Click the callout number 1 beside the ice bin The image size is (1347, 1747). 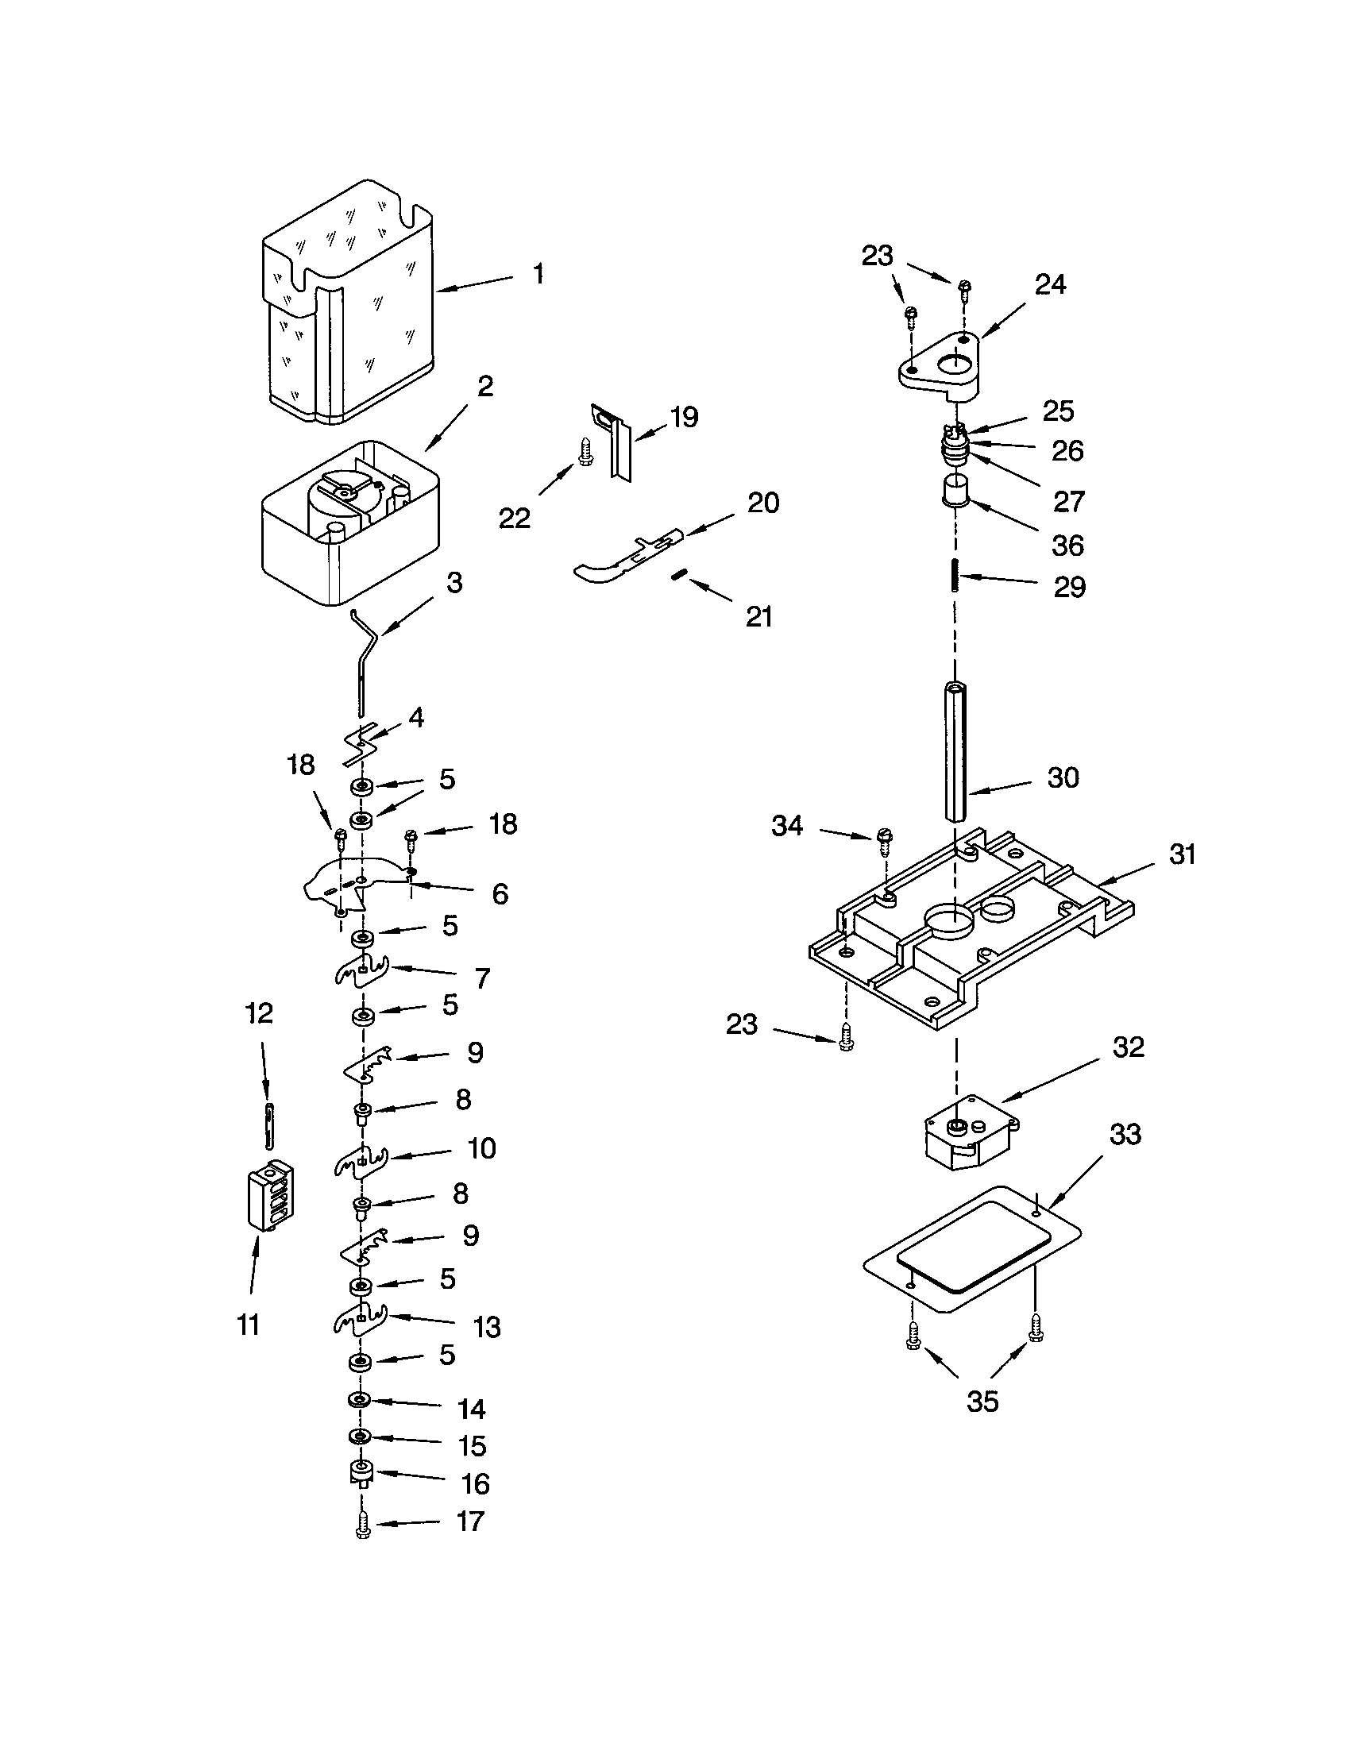pyautogui.click(x=538, y=275)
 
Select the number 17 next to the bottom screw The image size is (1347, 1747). pyautogui.click(x=471, y=1521)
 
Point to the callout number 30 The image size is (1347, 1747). pyautogui.click(x=1062, y=777)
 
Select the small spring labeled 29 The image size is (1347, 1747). pyautogui.click(x=955, y=575)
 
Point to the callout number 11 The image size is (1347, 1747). pyautogui.click(x=249, y=1325)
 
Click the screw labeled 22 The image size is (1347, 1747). pyautogui.click(x=585, y=452)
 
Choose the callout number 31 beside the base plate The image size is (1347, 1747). pyautogui.click(x=1182, y=854)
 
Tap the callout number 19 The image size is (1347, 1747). pyautogui.click(x=684, y=417)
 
